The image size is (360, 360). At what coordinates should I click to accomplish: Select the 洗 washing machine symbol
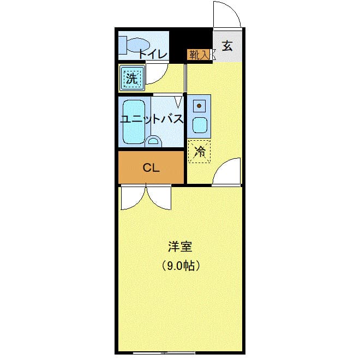click(x=132, y=77)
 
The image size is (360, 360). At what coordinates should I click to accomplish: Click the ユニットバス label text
click(x=151, y=119)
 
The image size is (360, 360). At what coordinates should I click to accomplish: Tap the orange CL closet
click(x=151, y=167)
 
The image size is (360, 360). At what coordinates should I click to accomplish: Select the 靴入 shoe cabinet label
click(x=199, y=54)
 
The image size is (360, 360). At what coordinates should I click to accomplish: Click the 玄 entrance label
click(x=227, y=46)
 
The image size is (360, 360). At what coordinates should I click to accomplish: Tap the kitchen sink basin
click(x=200, y=124)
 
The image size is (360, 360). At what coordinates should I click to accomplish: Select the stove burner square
click(x=200, y=105)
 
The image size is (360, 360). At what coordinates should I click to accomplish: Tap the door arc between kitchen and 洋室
click(x=226, y=172)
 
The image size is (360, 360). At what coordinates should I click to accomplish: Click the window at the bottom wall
click(x=164, y=352)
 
